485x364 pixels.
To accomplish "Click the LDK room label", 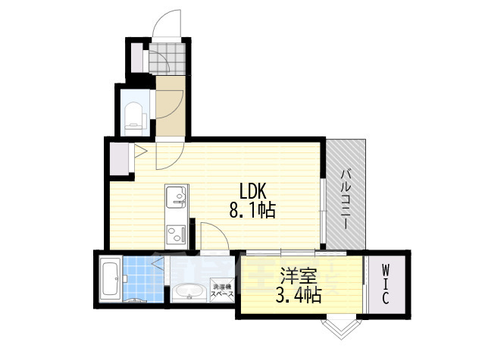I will coord(255,190).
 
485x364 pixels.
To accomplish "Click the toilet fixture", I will coord(134,115).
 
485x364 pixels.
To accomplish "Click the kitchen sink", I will coord(177,199).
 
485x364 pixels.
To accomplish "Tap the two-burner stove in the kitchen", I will coord(177,234).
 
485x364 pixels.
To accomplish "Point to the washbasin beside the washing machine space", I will coord(187,292).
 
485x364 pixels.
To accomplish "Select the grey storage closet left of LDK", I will coord(120,157).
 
